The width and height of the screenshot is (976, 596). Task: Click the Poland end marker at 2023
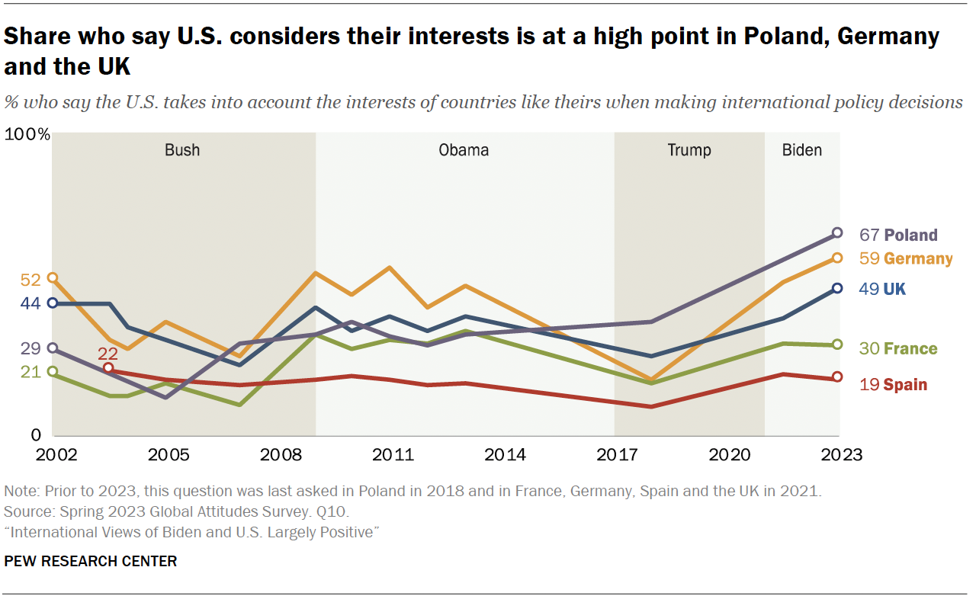pos(836,233)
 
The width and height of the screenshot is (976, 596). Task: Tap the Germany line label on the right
pos(918,258)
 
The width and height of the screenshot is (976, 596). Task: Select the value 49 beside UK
pos(869,289)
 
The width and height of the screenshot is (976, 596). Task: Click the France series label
pos(910,349)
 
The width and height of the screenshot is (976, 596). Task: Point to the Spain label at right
pos(905,385)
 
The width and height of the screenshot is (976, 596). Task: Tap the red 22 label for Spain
pos(108,353)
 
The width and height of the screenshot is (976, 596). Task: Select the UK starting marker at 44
pos(53,303)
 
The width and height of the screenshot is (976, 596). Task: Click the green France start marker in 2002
pos(53,372)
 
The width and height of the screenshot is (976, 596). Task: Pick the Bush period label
pos(182,150)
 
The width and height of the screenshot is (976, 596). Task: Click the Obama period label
pos(464,150)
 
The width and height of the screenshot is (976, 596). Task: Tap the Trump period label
pos(689,150)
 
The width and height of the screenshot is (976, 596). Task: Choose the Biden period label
pos(802,150)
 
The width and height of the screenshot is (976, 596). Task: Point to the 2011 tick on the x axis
pos(393,456)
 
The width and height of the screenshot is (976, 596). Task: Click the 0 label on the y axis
pos(35,436)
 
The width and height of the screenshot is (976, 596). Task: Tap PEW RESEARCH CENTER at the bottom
pos(91,562)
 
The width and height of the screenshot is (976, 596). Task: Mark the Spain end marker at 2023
pos(836,377)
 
